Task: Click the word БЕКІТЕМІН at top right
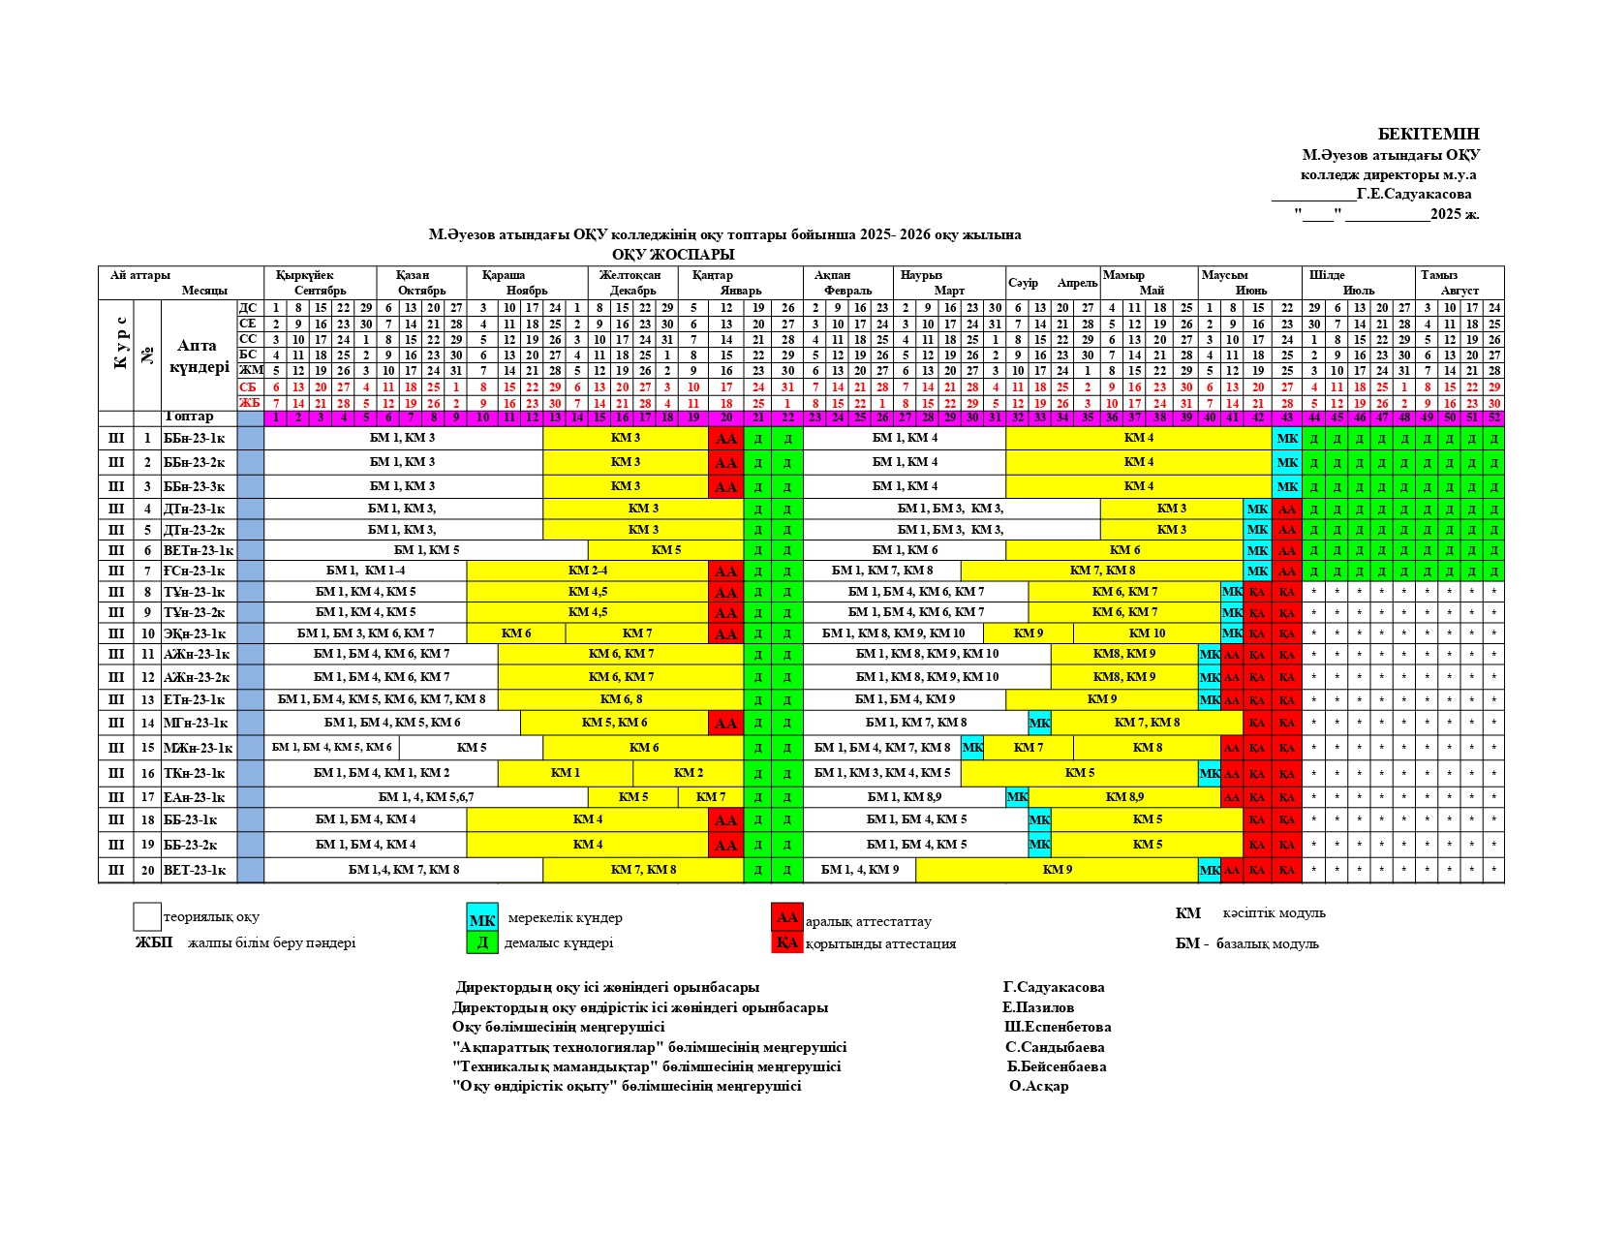click(x=1429, y=135)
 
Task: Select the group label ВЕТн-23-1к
click(x=199, y=550)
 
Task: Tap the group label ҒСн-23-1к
click(x=195, y=571)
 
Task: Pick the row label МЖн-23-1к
click(x=199, y=748)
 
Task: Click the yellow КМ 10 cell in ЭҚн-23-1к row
click(x=1147, y=633)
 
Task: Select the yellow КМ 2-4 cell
click(x=587, y=571)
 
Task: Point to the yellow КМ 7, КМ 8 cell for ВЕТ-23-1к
click(x=643, y=870)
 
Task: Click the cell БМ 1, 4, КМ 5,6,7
click(x=426, y=797)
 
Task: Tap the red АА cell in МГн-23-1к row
click(x=725, y=723)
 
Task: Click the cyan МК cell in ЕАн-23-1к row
click(x=1017, y=797)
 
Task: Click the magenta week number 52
click(x=1494, y=418)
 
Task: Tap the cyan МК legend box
click(x=481, y=919)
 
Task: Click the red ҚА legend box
click(x=786, y=942)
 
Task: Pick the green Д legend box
click(x=481, y=942)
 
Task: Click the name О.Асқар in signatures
click(x=1038, y=1086)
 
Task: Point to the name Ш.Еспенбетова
click(x=1058, y=1027)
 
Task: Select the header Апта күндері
click(x=199, y=355)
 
